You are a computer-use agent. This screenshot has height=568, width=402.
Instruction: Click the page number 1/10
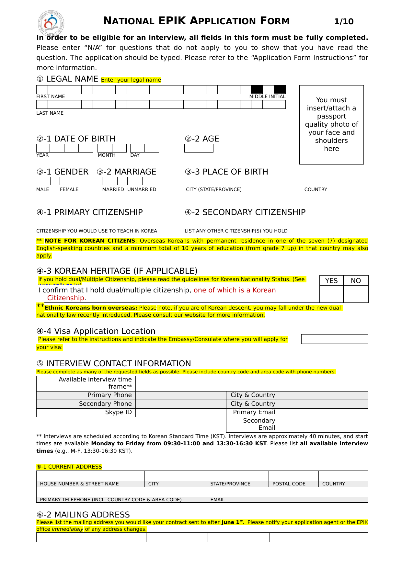click(x=344, y=22)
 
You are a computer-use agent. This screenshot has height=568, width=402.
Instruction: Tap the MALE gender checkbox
click(x=43, y=181)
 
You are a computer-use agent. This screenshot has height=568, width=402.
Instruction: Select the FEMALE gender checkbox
click(x=67, y=181)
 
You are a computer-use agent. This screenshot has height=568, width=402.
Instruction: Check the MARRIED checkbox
click(x=110, y=181)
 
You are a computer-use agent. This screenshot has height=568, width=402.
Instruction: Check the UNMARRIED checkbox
click(x=135, y=181)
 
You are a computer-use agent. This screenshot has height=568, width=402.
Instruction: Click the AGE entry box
click(x=199, y=148)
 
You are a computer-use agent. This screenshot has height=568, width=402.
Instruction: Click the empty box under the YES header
click(x=331, y=294)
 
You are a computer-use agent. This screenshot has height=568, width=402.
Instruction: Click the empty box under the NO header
click(x=356, y=294)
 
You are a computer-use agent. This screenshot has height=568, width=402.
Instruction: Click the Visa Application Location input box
click(x=335, y=339)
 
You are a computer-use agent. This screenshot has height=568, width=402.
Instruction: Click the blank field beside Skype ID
click(x=181, y=413)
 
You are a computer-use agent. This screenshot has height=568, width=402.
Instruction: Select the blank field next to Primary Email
click(x=323, y=413)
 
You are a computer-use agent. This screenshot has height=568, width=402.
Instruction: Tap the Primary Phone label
click(x=109, y=395)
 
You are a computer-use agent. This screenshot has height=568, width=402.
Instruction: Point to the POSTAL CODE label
click(x=289, y=484)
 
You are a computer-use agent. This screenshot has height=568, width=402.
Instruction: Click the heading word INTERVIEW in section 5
click(x=89, y=364)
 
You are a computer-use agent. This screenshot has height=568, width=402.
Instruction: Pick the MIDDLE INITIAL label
click(x=267, y=97)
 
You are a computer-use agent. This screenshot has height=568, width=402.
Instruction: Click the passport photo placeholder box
click(x=331, y=125)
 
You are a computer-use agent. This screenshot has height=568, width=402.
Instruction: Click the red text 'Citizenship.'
click(x=66, y=298)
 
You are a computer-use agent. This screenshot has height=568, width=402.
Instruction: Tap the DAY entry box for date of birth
click(x=144, y=148)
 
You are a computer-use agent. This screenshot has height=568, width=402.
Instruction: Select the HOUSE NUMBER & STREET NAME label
click(x=79, y=484)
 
